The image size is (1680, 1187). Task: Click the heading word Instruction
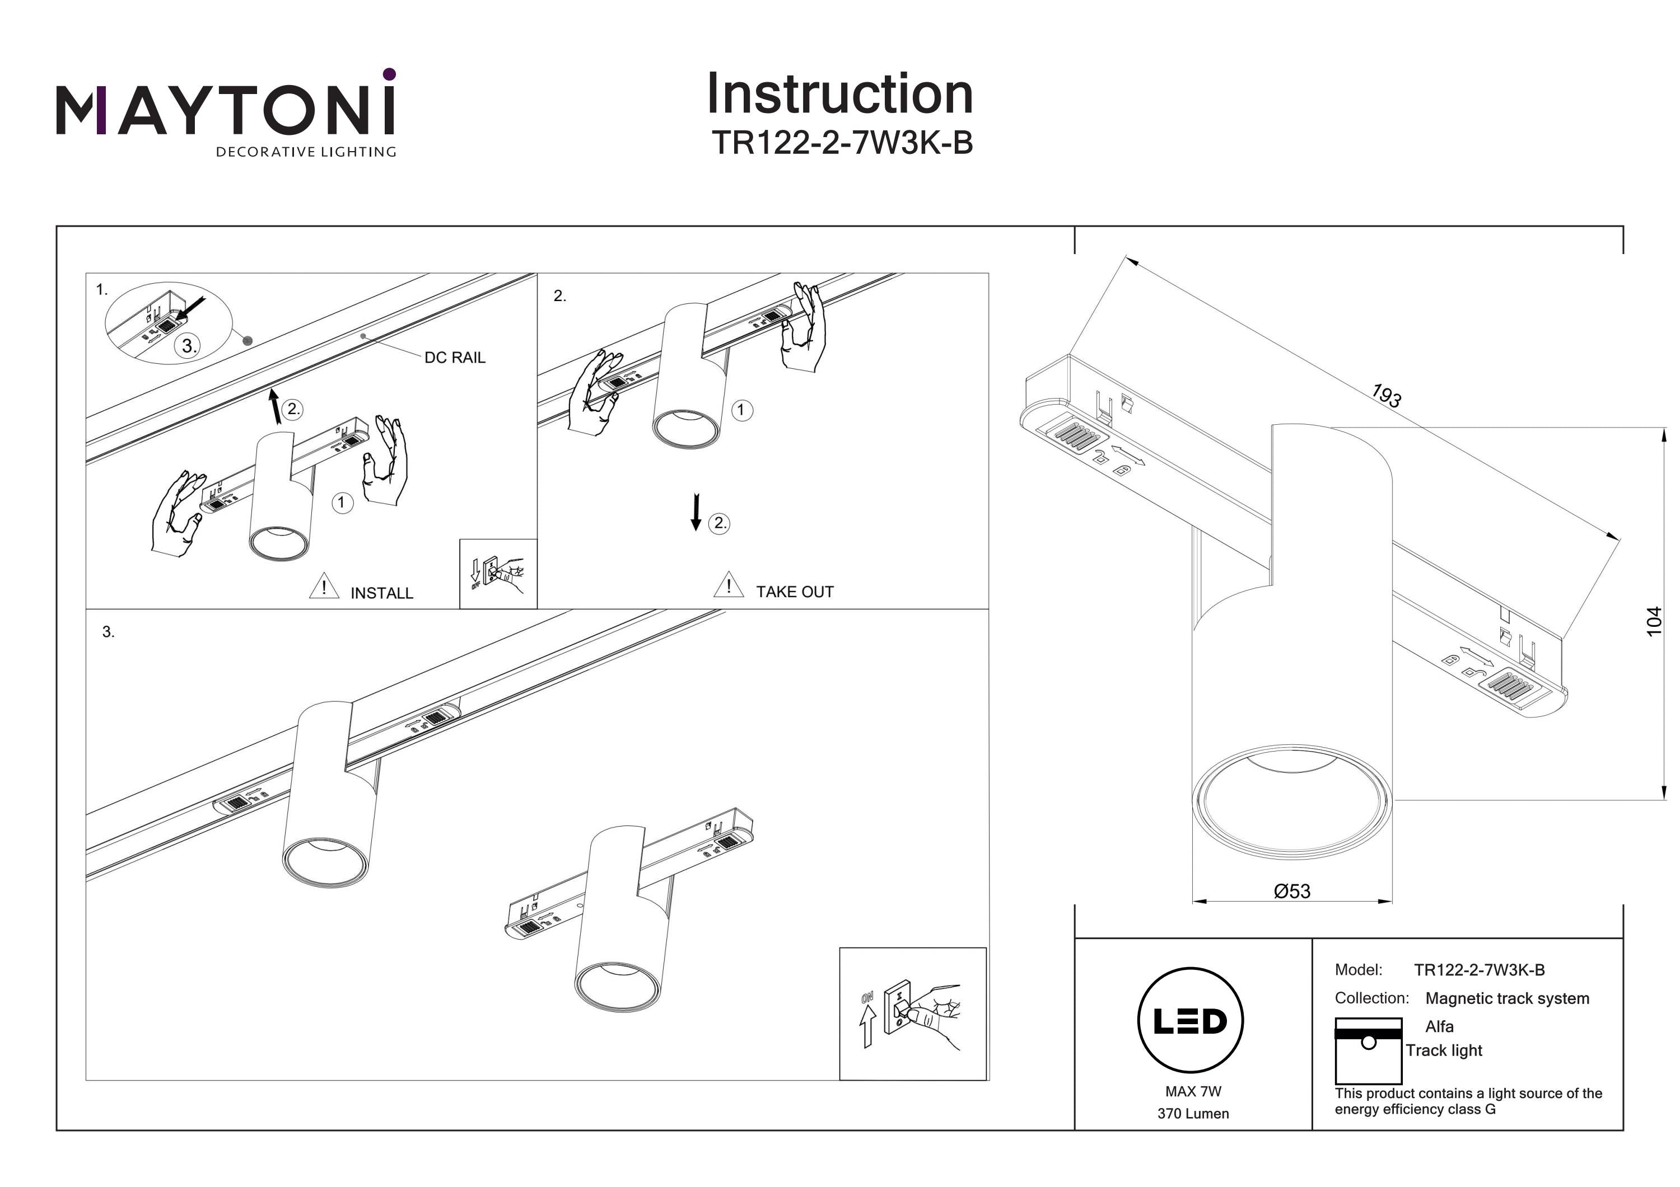pos(839,95)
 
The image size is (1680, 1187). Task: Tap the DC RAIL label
pos(454,358)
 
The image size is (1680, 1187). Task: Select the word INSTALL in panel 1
pos(381,593)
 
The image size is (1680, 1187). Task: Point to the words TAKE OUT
pos(795,592)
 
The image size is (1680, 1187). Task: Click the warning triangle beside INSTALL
pos(324,587)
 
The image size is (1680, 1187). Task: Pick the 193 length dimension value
pos(1386,396)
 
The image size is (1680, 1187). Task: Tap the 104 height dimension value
pos(1654,621)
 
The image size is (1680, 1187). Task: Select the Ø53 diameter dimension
pos(1291,891)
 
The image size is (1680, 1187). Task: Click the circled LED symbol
pos(1191,1021)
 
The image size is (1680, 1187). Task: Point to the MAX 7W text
pos(1193,1091)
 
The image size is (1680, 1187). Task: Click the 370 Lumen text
pos(1193,1114)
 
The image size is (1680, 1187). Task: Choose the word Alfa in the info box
pos(1439,1026)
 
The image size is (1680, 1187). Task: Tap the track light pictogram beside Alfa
pos(1368,1050)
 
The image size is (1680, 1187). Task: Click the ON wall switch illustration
pos(912,1014)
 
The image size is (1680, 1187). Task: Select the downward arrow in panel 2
pos(696,512)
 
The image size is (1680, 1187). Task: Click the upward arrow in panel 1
pos(275,407)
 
